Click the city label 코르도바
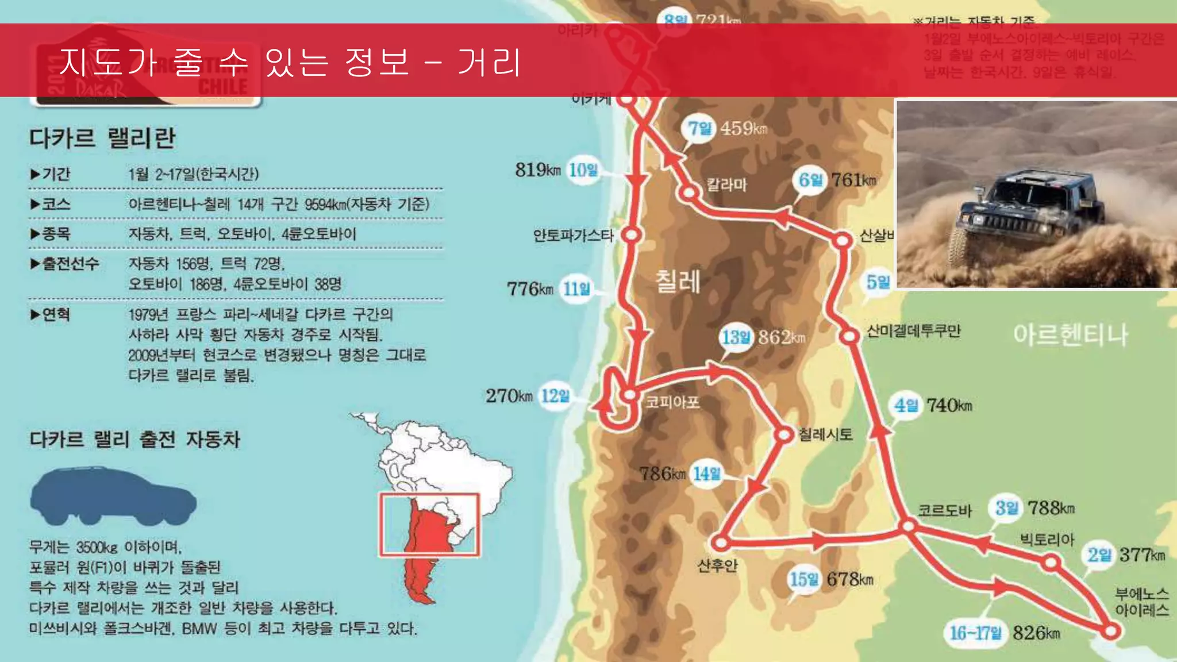pos(944,510)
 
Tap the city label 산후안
pos(717,566)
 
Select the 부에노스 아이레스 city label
pos(1141,601)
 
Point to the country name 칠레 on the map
pos(678,282)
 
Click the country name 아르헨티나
pos(1070,334)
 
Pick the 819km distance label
pos(537,170)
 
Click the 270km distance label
pos(509,396)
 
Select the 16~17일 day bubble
pos(975,633)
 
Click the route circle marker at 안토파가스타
pos(631,234)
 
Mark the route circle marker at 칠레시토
pos(783,434)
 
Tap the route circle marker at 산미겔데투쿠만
pos(849,336)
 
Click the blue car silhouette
pos(113,496)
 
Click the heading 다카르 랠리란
pos(102,138)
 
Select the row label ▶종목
pos(51,233)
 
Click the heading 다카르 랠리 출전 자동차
pos(134,440)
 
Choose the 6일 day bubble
pos(810,180)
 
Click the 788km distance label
pos(1051,508)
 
